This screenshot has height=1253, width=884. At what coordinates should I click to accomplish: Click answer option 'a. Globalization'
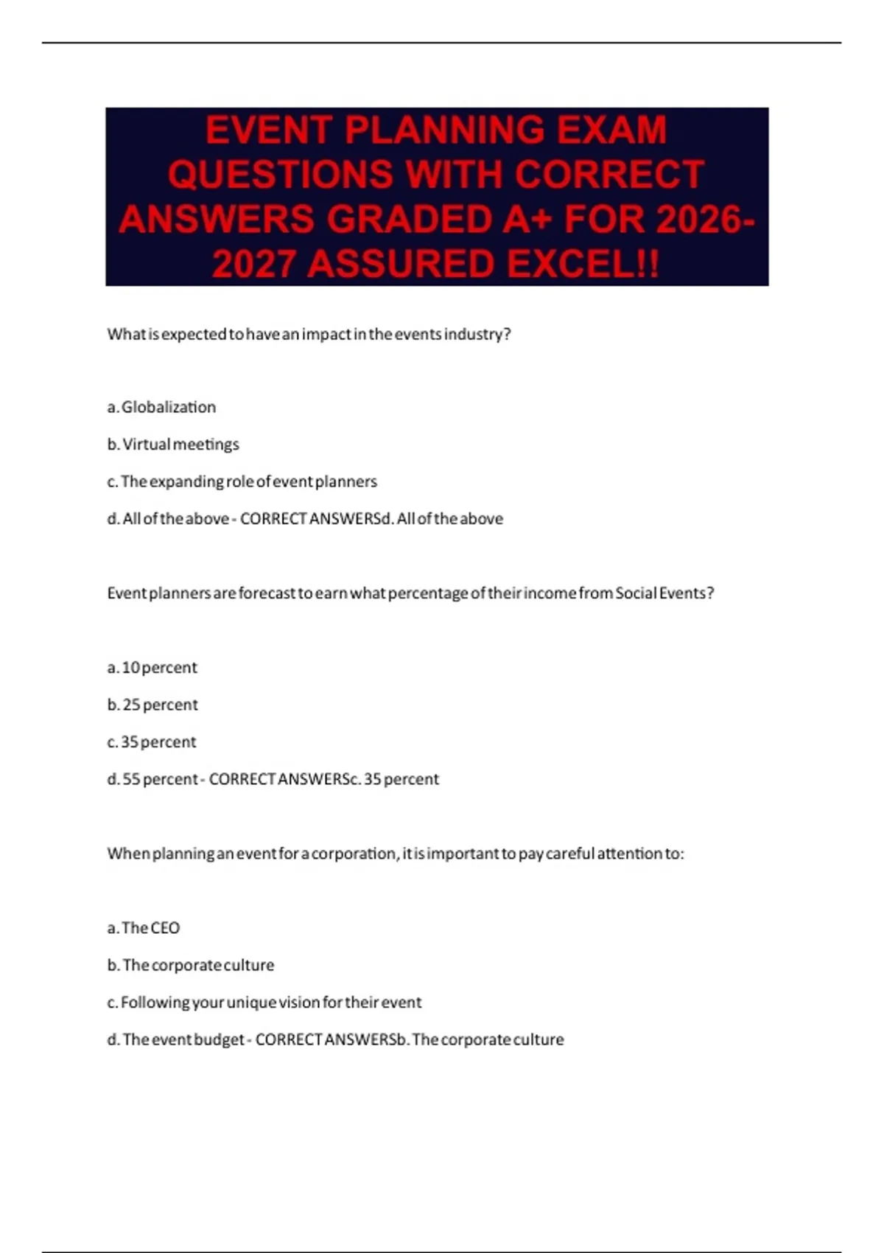(161, 407)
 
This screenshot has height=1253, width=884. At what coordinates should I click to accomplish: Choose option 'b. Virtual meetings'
(173, 444)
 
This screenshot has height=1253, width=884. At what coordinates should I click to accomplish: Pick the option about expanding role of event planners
(242, 481)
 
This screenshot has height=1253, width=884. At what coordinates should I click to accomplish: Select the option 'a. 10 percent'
(152, 668)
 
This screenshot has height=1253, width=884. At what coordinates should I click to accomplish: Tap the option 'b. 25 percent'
(152, 705)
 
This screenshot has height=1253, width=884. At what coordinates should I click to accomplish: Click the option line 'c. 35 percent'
(152, 742)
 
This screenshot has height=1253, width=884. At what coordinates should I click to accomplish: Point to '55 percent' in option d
(160, 779)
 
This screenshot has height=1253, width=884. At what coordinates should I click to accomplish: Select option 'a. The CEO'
(144, 928)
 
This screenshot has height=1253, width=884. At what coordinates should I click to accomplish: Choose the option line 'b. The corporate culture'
(190, 966)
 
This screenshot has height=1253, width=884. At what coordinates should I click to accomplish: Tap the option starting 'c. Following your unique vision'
(264, 1002)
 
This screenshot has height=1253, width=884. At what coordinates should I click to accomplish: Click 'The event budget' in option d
(183, 1040)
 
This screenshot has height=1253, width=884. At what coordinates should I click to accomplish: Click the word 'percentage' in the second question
(428, 593)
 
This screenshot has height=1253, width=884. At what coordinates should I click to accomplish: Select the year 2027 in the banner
(254, 264)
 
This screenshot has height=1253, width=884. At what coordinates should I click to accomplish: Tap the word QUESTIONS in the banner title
(281, 175)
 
